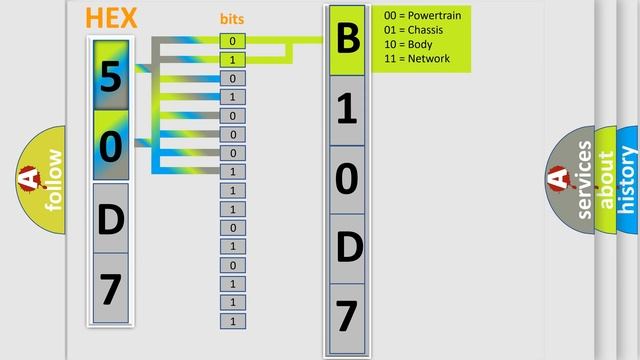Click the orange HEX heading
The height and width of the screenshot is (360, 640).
pos(111,18)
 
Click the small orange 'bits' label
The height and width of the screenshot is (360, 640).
pos(232,19)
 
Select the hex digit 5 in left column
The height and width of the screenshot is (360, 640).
pos(111,76)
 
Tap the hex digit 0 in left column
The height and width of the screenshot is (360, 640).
pos(111,146)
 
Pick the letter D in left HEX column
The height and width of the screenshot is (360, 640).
pos(111,217)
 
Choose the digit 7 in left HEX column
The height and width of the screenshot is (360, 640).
pos(111,289)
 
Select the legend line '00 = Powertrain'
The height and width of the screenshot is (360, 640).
pos(422,16)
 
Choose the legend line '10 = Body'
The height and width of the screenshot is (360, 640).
pos(407,44)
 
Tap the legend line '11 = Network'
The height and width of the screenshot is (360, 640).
pos(416,58)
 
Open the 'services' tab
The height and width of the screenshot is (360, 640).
pos(584,180)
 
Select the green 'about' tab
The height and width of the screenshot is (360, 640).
pos(606,180)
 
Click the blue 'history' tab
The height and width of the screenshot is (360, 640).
pos(628,180)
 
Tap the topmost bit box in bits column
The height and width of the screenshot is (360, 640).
pos(232,41)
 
